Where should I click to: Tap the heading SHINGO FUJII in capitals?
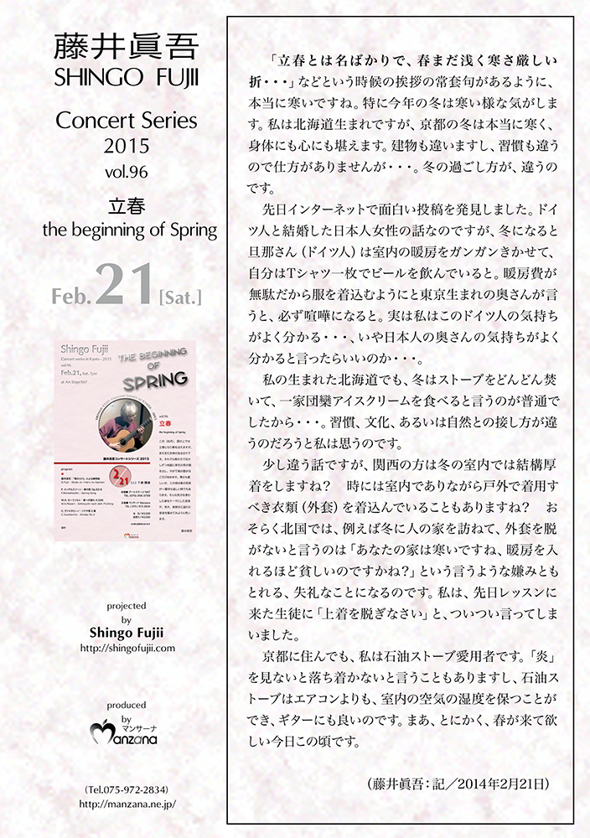point(127,78)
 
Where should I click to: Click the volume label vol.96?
point(127,176)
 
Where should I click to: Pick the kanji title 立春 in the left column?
point(127,205)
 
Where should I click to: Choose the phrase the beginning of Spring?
point(127,228)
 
